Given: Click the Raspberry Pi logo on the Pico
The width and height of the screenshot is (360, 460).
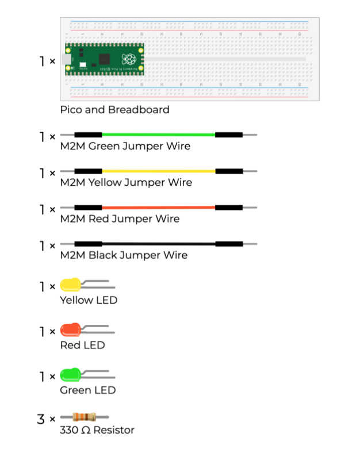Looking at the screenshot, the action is [129, 59].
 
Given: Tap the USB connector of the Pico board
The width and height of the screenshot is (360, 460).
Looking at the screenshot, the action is [66, 59].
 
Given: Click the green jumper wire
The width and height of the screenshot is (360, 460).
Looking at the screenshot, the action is [159, 135].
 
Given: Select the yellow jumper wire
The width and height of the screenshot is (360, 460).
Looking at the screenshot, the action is [159, 171].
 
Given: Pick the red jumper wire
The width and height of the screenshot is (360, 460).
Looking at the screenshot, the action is [159, 208].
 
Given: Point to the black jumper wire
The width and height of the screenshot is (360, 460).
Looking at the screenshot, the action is [159, 244].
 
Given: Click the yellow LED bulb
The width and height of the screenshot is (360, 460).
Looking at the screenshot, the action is [70, 285].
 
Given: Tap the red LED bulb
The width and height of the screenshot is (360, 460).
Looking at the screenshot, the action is [70, 329].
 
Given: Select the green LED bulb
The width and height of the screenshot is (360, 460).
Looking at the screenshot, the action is [70, 375].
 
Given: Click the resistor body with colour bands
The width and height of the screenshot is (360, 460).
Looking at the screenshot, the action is [84, 417].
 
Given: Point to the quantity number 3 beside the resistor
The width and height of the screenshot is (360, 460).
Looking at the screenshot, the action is [41, 419].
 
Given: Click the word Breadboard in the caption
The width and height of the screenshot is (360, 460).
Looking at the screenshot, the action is [139, 110].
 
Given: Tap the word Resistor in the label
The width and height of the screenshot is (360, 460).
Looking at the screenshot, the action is [114, 430].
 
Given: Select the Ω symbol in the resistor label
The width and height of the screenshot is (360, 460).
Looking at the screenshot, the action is [86, 430].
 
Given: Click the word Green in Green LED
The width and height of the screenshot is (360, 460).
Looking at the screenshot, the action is [75, 390].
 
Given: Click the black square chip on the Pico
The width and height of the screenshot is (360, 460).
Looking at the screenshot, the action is [105, 59].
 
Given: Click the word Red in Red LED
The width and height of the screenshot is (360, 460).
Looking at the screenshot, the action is [70, 346].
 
